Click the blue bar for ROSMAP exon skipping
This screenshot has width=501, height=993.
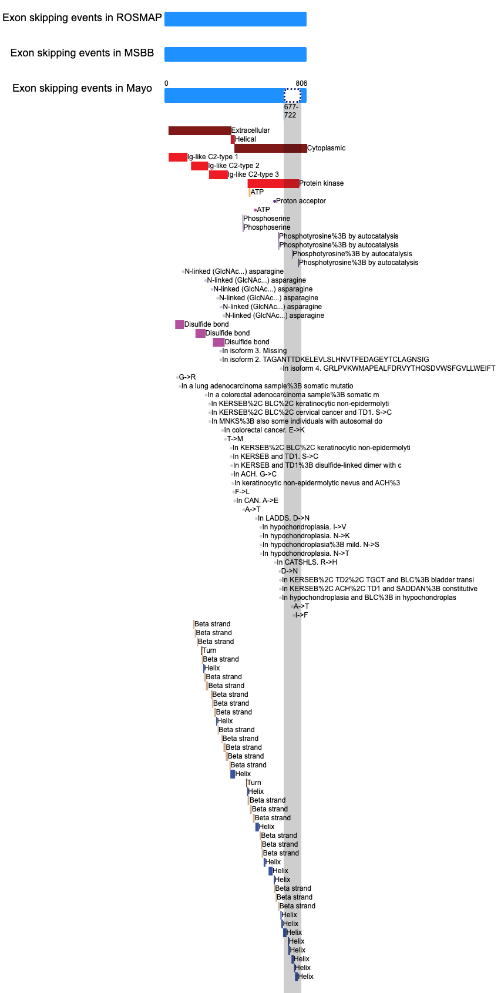tap(235, 19)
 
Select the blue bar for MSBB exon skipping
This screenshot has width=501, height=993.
tap(235, 54)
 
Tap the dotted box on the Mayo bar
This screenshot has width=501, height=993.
tap(292, 95)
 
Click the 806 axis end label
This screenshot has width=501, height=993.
tap(301, 83)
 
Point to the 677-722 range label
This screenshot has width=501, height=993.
tap(291, 111)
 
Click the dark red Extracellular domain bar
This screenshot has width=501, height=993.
tap(200, 131)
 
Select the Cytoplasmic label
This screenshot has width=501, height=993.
tap(326, 148)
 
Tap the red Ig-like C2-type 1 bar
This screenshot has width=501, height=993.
tap(177, 157)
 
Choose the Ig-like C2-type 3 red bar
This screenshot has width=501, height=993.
tap(218, 175)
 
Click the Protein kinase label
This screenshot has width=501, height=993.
tap(321, 183)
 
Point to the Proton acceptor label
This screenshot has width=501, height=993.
tap(301, 201)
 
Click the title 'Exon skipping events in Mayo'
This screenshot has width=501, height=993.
tap(82, 88)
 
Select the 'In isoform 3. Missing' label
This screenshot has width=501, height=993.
tap(254, 351)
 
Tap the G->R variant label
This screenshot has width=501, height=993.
tap(187, 377)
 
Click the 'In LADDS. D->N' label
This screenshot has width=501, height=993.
tap(284, 518)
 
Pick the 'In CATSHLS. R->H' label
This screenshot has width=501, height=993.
tap(307, 562)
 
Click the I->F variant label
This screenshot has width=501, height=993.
tap(301, 615)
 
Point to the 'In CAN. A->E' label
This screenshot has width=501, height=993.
tap(257, 501)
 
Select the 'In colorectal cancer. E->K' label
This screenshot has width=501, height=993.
tap(264, 430)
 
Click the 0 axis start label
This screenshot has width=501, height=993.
tap(166, 83)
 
